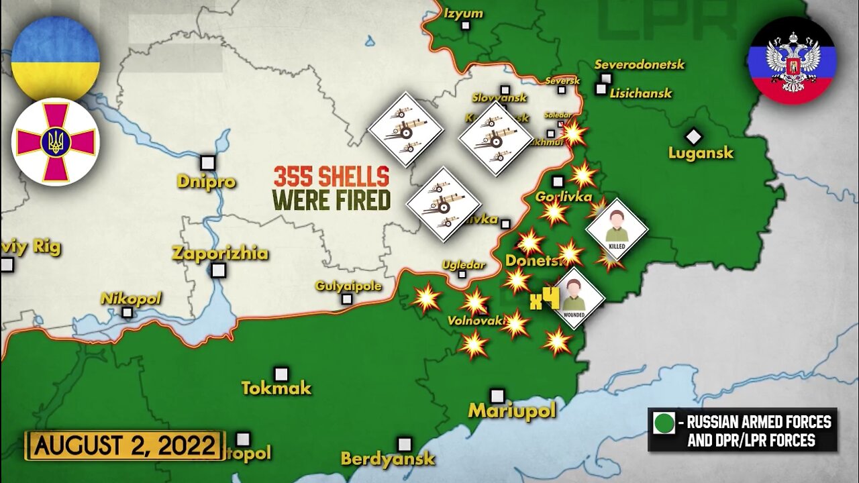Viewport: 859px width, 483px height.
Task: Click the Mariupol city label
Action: pos(512,411)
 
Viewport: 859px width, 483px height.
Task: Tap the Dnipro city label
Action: pos(206,181)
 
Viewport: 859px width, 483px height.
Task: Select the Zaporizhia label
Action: pos(219,254)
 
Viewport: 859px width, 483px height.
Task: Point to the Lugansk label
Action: pos(701,153)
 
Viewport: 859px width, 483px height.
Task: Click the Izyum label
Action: pos(463,13)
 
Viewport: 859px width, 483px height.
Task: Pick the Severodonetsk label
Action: pos(639,64)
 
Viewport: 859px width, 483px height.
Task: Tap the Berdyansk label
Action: pos(388,460)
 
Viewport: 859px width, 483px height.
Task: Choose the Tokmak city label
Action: pos(276,388)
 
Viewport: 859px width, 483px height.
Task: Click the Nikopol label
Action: pos(131,299)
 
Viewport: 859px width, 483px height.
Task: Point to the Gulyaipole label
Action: pos(348,286)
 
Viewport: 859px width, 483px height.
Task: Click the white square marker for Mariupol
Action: pos(497,396)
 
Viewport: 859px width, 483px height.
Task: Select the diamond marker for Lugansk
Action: pos(693,137)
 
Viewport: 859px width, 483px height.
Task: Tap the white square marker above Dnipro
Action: pos(208,162)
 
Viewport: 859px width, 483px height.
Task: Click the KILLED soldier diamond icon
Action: pos(617,229)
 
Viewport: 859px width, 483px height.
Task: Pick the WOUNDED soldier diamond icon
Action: pos(574,298)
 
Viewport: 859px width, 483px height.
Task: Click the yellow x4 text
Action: pos(544,300)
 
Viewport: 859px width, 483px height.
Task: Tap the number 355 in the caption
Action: pos(295,178)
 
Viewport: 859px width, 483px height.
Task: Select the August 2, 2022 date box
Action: pos(125,445)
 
